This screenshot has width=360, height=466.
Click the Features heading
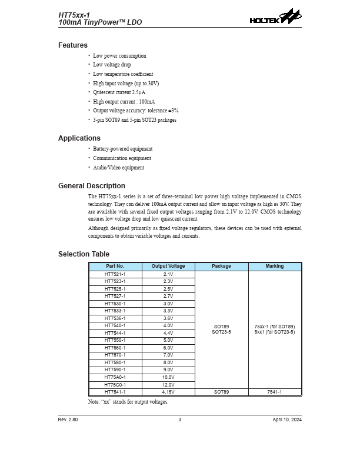coord(73,45)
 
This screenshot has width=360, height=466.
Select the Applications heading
coord(79,138)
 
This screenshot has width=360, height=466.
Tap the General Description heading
coord(92,186)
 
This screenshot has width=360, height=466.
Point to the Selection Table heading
coord(84,254)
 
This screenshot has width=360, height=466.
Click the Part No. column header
coord(115,267)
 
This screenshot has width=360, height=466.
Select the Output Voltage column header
coord(168,267)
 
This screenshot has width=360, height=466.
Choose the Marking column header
coord(275,267)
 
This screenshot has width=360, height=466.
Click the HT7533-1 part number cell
coord(115,311)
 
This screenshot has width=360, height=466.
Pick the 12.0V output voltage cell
coord(168,384)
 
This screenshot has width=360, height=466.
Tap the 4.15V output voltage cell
coord(168,392)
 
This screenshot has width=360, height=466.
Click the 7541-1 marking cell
coord(275,392)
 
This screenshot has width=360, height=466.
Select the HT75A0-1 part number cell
coord(115,377)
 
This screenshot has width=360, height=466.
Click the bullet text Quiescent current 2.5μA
coord(119,92)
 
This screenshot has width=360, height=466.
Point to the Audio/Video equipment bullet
coord(119,168)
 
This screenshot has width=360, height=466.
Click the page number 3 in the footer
coord(180,420)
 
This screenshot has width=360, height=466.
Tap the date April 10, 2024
coord(287,420)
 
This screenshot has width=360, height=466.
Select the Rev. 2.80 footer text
coord(68,420)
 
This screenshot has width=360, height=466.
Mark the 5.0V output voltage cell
coord(168,340)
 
